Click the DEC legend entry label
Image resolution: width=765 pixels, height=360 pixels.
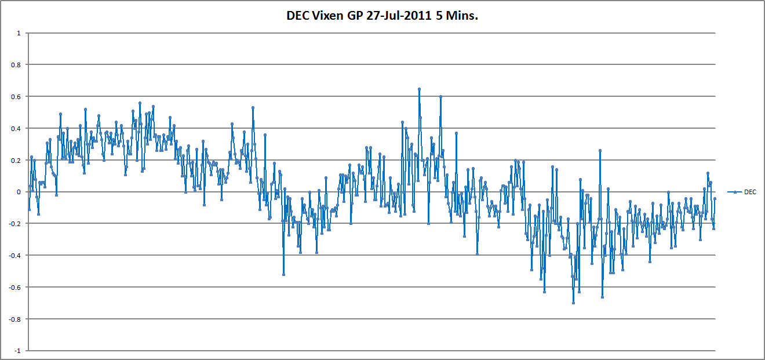(x=750, y=192)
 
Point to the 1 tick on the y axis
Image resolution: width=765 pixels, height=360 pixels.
(x=19, y=33)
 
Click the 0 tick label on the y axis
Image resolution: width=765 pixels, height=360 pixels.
(x=19, y=192)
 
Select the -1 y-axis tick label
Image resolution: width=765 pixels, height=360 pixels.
(x=17, y=351)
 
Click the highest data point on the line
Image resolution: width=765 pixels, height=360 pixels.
(x=419, y=89)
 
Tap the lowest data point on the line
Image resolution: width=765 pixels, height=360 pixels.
(x=573, y=303)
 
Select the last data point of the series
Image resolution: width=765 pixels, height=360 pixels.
(x=715, y=199)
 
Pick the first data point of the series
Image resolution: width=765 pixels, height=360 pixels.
(x=29, y=209)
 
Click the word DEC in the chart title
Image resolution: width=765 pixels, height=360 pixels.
(x=297, y=16)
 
